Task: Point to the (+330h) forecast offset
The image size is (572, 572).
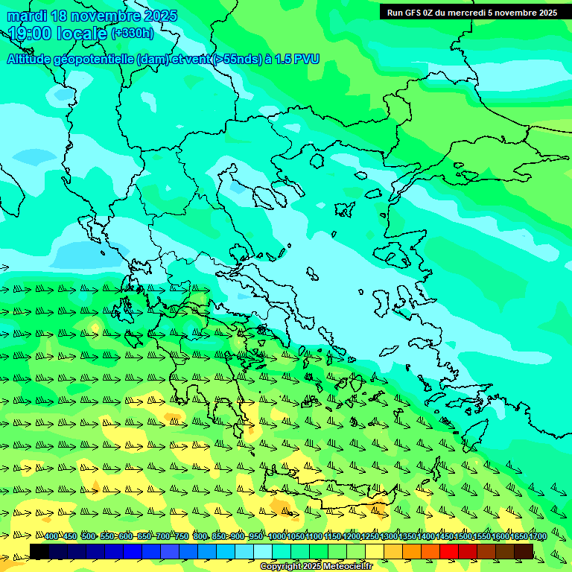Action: tap(133, 34)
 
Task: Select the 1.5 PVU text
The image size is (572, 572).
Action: tap(296, 60)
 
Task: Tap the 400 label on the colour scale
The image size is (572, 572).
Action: tap(51, 537)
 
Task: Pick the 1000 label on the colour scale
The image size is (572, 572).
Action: tap(277, 537)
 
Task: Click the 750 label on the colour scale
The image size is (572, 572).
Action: tap(182, 537)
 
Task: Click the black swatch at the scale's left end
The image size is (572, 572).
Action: tap(39, 551)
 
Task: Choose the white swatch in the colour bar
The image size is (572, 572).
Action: tap(263, 551)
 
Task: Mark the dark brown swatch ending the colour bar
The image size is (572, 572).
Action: tap(524, 551)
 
